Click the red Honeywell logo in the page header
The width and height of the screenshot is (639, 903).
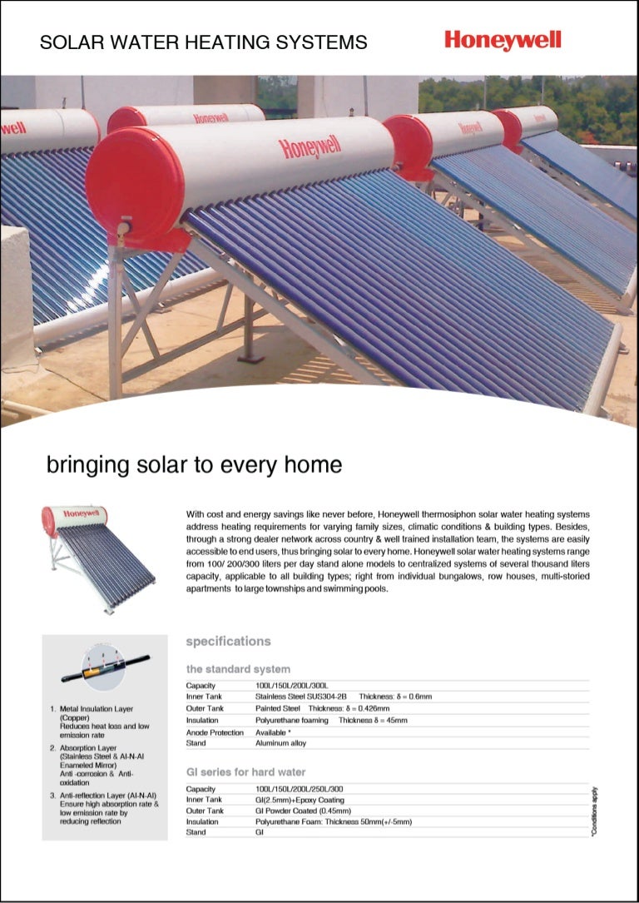pyautogui.click(x=503, y=40)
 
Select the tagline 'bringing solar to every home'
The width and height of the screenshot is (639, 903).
pyautogui.click(x=194, y=464)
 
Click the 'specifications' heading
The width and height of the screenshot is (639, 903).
pyautogui.click(x=228, y=641)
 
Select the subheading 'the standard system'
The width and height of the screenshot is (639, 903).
pyautogui.click(x=238, y=668)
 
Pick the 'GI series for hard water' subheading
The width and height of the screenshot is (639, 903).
pyautogui.click(x=245, y=772)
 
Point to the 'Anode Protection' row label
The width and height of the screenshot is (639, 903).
pyautogui.click(x=215, y=732)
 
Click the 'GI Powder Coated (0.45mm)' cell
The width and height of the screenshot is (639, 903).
pyautogui.click(x=303, y=810)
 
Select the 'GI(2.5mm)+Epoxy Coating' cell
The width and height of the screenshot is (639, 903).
pyautogui.click(x=299, y=799)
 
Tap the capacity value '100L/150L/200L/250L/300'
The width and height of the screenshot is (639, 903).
pyautogui.click(x=300, y=788)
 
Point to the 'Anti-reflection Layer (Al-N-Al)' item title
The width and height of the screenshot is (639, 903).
pyautogui.click(x=107, y=796)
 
